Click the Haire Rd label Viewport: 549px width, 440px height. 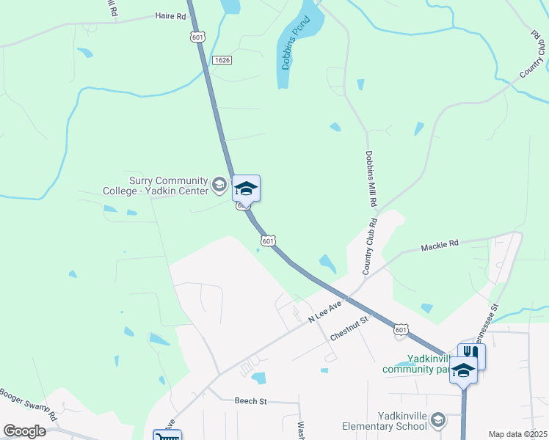coord(170,15)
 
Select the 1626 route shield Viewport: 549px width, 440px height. coord(222,59)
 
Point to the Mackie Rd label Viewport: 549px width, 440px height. coord(440,243)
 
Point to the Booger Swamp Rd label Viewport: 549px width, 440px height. coord(29,403)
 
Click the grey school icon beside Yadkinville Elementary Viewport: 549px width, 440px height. coord(438,419)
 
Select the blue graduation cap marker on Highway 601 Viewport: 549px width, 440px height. coord(246,188)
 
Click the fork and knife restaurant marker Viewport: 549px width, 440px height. coord(471,356)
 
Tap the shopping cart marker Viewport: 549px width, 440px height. coord(167,437)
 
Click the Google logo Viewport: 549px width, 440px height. coord(24,431)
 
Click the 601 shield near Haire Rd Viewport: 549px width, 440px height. coord(196,37)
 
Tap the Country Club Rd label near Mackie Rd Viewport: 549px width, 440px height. coord(371,246)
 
